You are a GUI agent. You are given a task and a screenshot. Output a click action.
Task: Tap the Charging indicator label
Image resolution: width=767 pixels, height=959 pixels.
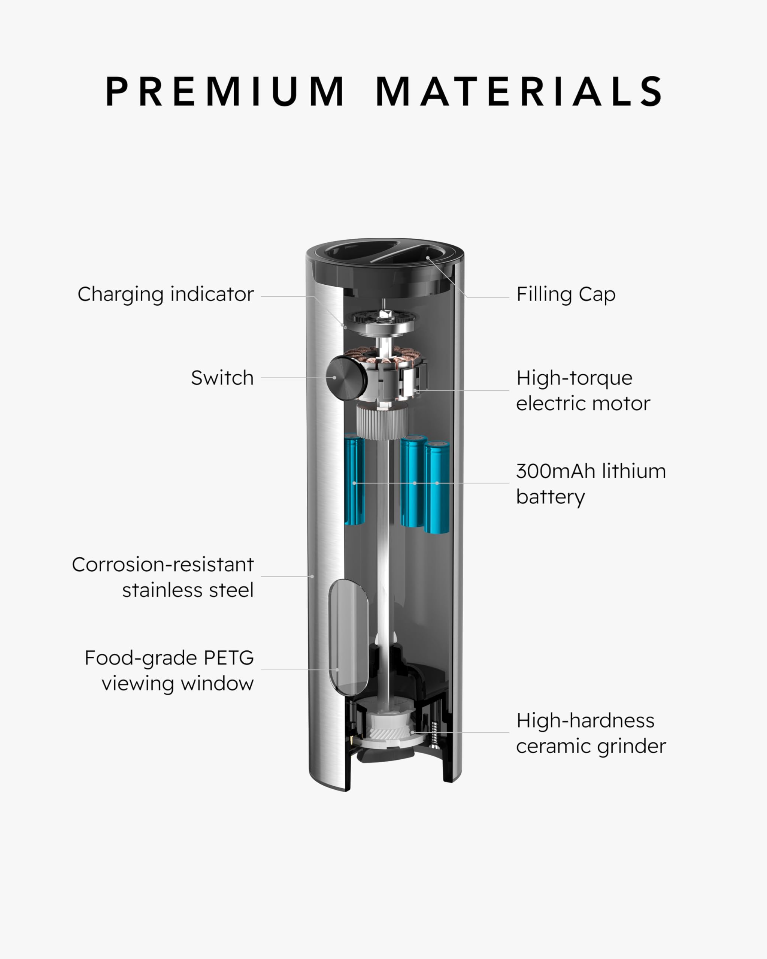pyautogui.click(x=166, y=294)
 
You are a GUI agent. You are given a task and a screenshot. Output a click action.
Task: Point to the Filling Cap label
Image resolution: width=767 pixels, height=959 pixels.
pyautogui.click(x=566, y=294)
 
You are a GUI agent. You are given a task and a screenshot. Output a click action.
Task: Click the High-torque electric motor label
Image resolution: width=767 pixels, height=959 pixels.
pyautogui.click(x=582, y=391)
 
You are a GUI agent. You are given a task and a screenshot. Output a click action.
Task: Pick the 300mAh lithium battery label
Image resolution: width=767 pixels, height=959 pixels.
pyautogui.click(x=591, y=484)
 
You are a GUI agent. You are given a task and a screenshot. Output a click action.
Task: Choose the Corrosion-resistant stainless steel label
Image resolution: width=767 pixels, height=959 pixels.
pyautogui.click(x=163, y=577)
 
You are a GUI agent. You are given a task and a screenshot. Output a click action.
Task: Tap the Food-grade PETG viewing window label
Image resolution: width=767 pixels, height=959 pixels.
pyautogui.click(x=169, y=670)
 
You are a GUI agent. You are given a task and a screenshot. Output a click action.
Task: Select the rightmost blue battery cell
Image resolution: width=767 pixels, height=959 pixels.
pyautogui.click(x=437, y=487)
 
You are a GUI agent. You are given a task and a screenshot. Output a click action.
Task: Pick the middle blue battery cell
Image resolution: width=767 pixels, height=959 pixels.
pyautogui.click(x=413, y=480)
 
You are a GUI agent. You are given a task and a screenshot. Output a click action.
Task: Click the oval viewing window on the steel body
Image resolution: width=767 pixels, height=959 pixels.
pyautogui.click(x=348, y=638)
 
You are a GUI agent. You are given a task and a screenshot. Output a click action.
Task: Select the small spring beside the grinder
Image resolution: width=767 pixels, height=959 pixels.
pyautogui.click(x=434, y=733)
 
